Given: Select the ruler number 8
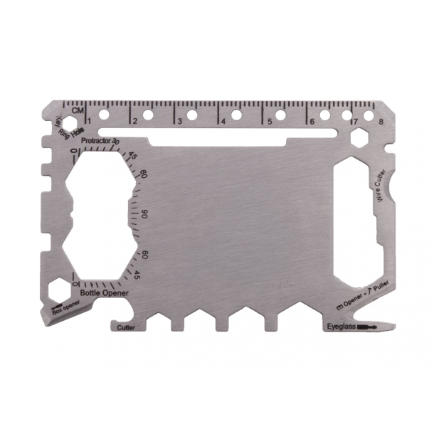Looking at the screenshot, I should coord(382,122).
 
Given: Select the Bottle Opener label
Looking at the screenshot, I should coord(105,292).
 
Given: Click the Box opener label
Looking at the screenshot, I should coord(66,307).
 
